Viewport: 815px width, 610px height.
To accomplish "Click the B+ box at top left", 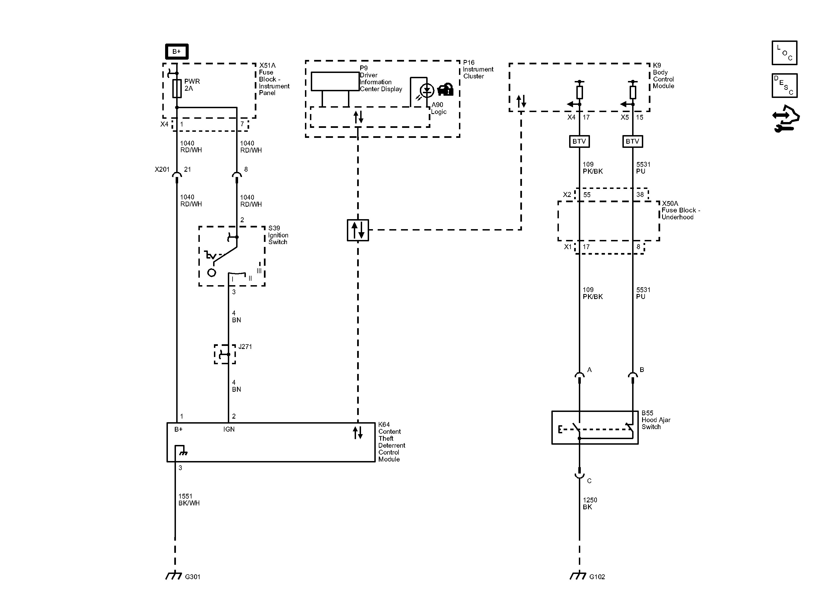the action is tap(176, 52).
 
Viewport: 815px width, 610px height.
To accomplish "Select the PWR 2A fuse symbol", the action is tap(177, 88).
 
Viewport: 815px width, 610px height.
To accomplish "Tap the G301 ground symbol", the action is tap(173, 575).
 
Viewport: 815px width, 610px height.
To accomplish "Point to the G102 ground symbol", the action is tap(578, 575).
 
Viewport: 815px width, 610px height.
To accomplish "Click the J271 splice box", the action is tap(225, 354).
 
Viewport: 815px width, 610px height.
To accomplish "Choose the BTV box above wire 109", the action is tap(579, 141).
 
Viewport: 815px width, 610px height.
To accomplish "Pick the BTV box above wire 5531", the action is tap(633, 141).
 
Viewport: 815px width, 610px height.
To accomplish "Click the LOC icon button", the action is tap(784, 53).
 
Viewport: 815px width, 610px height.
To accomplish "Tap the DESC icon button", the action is tap(784, 85).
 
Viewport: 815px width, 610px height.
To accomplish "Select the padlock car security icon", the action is tap(445, 90).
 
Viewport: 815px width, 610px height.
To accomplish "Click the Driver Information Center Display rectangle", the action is tap(335, 81).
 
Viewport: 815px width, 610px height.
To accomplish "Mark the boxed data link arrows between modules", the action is tap(358, 230).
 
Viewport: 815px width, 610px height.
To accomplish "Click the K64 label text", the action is tap(384, 425).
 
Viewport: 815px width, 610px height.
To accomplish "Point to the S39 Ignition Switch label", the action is tap(278, 235).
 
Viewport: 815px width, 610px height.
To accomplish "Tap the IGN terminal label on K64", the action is tap(229, 429).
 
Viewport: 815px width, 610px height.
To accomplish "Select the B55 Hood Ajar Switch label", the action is tap(656, 420).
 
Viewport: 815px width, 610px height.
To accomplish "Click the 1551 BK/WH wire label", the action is tap(189, 500).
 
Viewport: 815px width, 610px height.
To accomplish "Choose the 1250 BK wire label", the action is tap(590, 503).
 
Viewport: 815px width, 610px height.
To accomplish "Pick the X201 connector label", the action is tap(162, 169).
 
